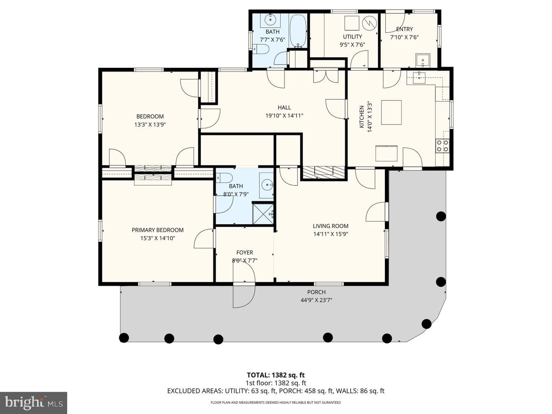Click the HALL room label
pyautogui.click(x=284, y=108)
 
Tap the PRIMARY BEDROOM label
pyautogui.click(x=158, y=230)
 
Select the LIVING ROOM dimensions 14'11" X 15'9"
pyautogui.click(x=330, y=234)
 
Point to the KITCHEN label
pyautogui.click(x=361, y=117)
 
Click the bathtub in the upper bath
pyautogui.click(x=298, y=31)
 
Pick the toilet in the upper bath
pyautogui.click(x=261, y=49)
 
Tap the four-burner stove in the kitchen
pyautogui.click(x=442, y=146)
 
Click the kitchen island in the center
pyautogui.click(x=391, y=112)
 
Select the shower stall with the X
pyautogui.click(x=263, y=214)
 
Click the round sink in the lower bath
pyautogui.click(x=266, y=185)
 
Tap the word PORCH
pyautogui.click(x=316, y=292)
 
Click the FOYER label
pyautogui.click(x=245, y=252)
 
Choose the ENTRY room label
pyautogui.click(x=404, y=29)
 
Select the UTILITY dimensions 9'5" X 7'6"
pyautogui.click(x=352, y=45)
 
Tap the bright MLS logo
pyautogui.click(x=33, y=402)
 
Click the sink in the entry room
pyautogui.click(x=423, y=61)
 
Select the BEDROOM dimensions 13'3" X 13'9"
pyautogui.click(x=150, y=125)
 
